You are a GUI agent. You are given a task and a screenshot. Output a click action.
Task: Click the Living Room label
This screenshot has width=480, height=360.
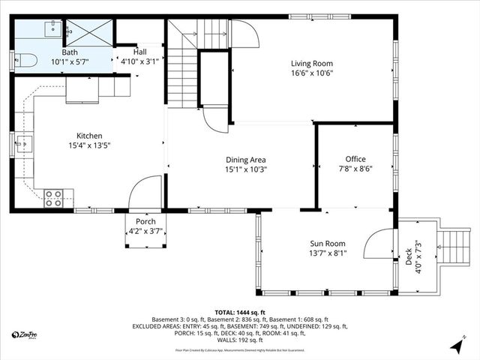tap(312, 64)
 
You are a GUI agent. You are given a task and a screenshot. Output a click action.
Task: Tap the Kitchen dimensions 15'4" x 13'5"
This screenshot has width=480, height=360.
tap(89, 146)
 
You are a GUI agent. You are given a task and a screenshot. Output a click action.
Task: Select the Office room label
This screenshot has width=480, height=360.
tap(355, 159)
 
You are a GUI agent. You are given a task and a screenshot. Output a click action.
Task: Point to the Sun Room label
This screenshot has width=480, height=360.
tap(328, 244)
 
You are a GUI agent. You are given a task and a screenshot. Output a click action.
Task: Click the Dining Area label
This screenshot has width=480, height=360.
tap(247, 160)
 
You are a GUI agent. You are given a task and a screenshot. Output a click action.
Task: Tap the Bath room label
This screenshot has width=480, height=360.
tap(70, 52)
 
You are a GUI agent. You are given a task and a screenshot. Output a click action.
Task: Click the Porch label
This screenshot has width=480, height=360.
tap(145, 221)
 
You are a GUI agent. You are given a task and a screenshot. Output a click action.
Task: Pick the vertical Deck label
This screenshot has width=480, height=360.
tap(409, 258)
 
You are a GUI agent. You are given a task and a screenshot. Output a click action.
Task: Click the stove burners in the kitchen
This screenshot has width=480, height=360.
tap(53, 198)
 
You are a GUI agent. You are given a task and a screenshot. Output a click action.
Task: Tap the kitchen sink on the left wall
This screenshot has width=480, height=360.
tap(23, 142)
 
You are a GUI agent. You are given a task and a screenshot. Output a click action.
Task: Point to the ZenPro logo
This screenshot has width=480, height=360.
tap(27, 335)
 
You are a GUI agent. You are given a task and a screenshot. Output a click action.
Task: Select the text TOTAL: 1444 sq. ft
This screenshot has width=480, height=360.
tap(240, 312)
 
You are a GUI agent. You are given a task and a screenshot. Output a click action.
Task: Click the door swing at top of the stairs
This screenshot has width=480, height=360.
tap(244, 34)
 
